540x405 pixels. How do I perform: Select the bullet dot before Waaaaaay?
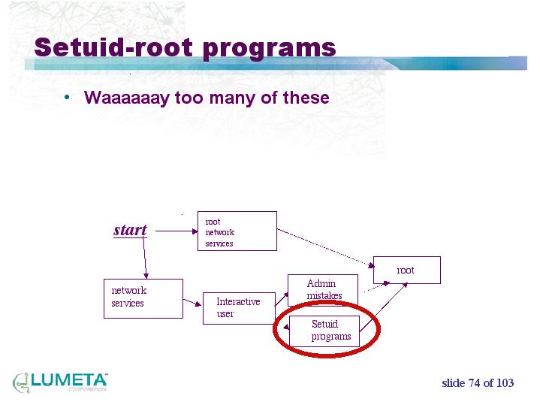(68, 97)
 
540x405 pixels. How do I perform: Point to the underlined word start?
(130, 230)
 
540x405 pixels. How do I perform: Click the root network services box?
(237, 231)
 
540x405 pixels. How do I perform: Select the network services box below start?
(142, 298)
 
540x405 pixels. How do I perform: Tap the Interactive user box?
(238, 307)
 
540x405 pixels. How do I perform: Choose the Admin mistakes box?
(323, 289)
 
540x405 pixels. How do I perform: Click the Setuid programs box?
(324, 331)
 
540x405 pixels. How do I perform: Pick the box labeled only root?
(406, 270)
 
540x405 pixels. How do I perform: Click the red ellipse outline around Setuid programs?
(273, 331)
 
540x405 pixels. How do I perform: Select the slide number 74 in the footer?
(473, 383)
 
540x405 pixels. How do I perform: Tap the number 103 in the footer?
(505, 383)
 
